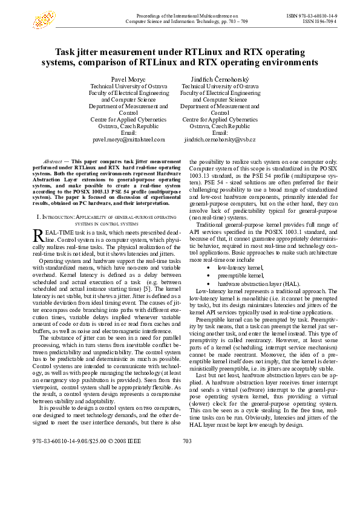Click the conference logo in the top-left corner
point(44,20)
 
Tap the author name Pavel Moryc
point(128,80)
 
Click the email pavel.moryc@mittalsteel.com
point(128,140)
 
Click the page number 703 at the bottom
point(187,475)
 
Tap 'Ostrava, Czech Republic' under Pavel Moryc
point(128,126)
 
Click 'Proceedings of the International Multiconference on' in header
point(185,14)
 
